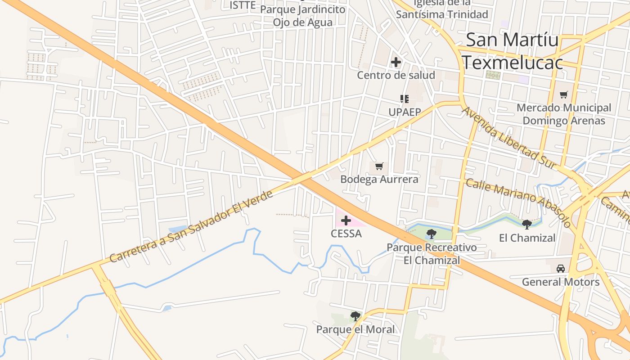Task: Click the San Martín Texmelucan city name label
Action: pos(513,51)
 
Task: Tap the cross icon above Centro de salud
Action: pos(396,62)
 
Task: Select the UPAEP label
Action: pos(405,112)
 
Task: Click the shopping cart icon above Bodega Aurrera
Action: pos(379,166)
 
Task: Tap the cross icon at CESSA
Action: pos(346,220)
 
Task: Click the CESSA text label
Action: pos(346,234)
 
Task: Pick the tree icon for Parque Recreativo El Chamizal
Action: pos(432,234)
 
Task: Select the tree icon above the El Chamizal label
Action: pos(527,224)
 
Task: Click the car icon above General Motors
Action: pos(561,269)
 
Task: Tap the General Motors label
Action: pos(561,282)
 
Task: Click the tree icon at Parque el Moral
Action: pos(355,316)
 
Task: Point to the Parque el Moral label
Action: pos(355,329)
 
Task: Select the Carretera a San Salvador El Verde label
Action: pos(191,227)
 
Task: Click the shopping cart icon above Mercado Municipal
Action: pos(564,94)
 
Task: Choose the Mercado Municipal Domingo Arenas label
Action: pos(564,114)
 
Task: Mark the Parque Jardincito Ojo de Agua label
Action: pos(309,16)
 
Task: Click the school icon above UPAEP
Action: pos(404,99)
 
